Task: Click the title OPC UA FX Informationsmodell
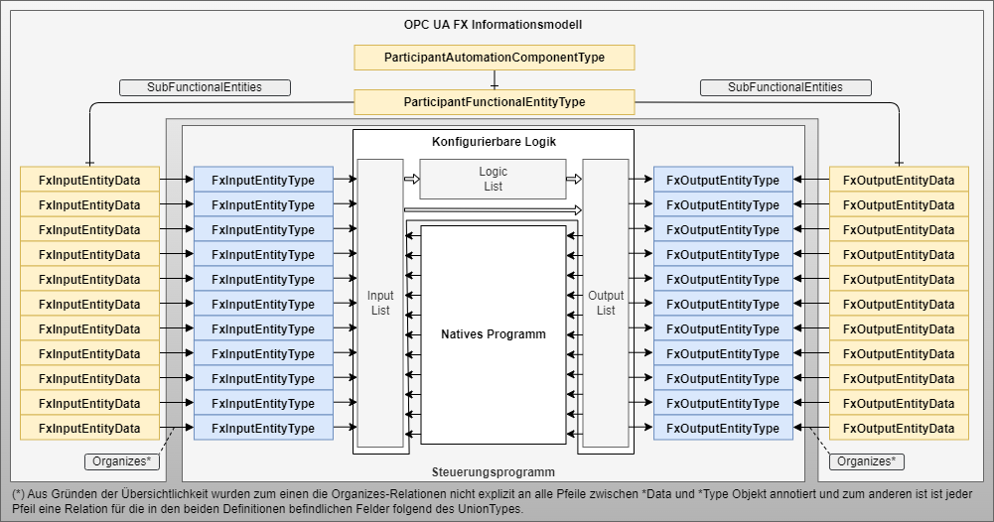coord(494,23)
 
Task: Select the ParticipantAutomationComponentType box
coord(494,58)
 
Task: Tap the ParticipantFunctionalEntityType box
coord(494,102)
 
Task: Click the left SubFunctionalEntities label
coord(205,87)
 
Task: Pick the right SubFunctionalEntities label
coord(785,87)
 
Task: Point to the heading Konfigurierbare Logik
coord(494,142)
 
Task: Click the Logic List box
coord(493,179)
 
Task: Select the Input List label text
coord(380,303)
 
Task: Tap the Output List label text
coord(606,303)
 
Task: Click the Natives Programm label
coord(494,334)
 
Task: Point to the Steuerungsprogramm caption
coord(494,471)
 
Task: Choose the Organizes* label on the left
coord(121,461)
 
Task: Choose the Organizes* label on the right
coord(866,461)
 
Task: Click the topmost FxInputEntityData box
coord(89,180)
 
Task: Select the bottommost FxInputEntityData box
coord(89,428)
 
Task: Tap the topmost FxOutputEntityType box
coord(723,180)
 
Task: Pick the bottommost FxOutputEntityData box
coord(899,428)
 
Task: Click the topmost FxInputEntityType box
coord(263,180)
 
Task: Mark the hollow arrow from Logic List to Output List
coord(573,180)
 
